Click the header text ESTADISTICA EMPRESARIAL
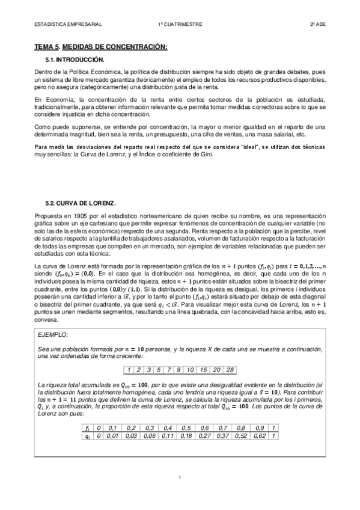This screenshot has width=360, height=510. [68, 25]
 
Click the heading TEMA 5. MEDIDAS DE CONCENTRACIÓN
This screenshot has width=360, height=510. [101, 47]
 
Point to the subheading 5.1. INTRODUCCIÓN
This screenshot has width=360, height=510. [75, 60]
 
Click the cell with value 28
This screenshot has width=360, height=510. [230, 369]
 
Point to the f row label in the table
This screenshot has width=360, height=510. [88, 427]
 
